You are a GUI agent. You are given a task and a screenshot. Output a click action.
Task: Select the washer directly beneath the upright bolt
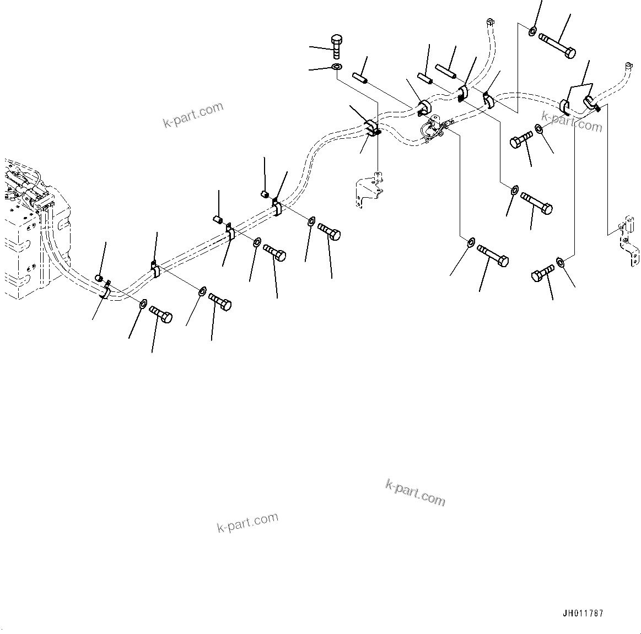tap(336, 67)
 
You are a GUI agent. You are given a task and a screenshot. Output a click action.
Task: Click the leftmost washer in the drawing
tap(143, 304)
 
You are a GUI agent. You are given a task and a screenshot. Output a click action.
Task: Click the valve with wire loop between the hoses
tap(433, 127)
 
